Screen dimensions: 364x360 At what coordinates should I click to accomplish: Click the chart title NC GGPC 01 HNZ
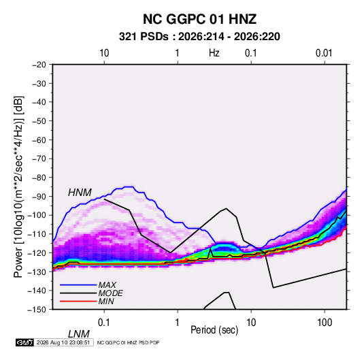(199, 19)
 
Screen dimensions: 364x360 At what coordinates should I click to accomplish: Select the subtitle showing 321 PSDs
(199, 37)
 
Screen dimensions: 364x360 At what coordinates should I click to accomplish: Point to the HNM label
(80, 193)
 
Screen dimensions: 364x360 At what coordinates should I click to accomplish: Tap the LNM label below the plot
(78, 334)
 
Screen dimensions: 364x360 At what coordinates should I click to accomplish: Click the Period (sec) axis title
(214, 330)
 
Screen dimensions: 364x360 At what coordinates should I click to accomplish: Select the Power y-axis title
(18, 186)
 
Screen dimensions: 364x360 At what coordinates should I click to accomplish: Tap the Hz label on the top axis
(214, 53)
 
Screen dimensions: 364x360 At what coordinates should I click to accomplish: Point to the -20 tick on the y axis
(39, 65)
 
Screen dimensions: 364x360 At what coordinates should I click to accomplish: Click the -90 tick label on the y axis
(39, 196)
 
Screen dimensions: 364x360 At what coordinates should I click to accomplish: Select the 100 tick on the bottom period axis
(325, 323)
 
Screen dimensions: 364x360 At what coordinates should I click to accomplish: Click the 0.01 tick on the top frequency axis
(324, 53)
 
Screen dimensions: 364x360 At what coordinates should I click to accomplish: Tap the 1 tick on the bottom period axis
(178, 323)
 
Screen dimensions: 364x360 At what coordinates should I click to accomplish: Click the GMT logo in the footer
(25, 342)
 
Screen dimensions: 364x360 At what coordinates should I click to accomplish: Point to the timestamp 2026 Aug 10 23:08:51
(63, 342)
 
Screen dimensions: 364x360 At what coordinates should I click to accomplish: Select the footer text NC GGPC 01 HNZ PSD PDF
(128, 342)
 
